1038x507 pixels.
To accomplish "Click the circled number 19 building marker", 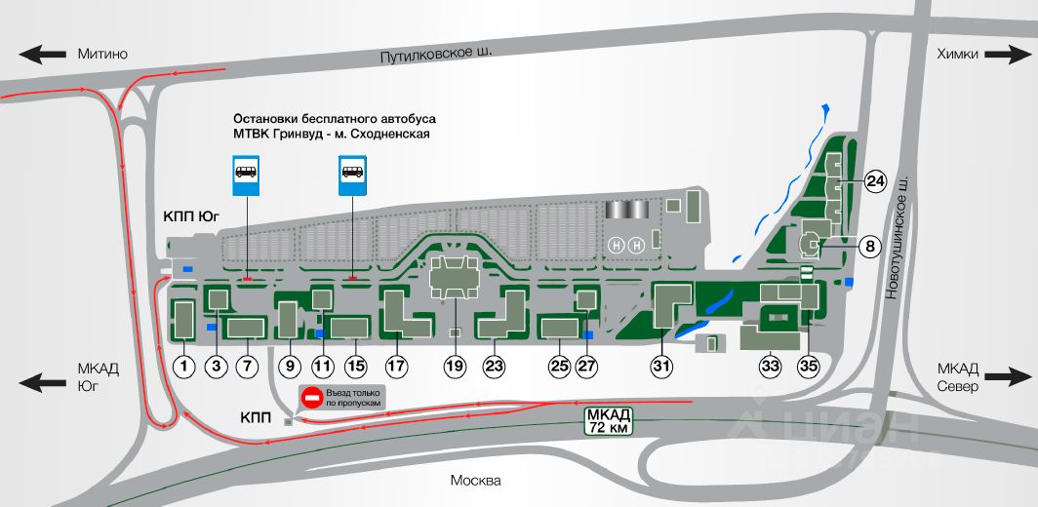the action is tap(456, 366).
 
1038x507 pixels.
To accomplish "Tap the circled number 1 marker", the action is tap(184, 366).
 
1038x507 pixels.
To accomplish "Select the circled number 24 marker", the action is tap(875, 181).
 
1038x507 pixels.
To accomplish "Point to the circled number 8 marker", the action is tap(870, 247).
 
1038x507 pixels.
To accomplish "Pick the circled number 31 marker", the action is tap(662, 366).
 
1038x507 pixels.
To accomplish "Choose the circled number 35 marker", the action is tap(809, 366).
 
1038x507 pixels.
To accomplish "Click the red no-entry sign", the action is tap(311, 398).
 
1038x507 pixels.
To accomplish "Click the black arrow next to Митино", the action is tap(42, 55).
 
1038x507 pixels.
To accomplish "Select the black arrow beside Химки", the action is tap(1008, 55).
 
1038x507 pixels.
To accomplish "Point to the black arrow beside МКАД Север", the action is tap(1008, 378).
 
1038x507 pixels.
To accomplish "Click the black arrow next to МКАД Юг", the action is tap(42, 382).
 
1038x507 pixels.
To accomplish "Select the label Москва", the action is tap(475, 481).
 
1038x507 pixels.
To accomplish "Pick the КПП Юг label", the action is tap(191, 215).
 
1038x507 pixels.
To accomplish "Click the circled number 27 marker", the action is tap(586, 366).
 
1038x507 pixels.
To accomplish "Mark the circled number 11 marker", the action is tap(322, 366).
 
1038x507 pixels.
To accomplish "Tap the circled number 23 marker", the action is tap(494, 366).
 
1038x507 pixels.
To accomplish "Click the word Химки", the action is tap(957, 55).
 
